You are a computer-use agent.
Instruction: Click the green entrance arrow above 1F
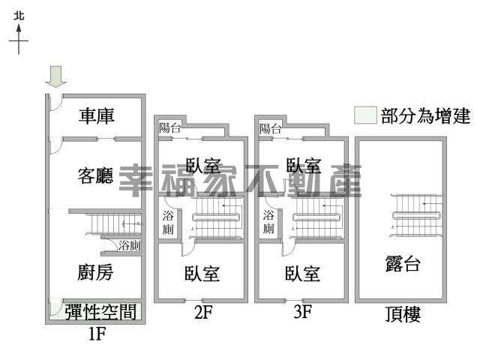[x=56, y=76]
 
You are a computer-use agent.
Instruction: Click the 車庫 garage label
[x=97, y=116]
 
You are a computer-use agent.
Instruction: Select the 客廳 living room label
[x=95, y=175]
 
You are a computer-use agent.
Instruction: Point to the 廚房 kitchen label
[x=95, y=272]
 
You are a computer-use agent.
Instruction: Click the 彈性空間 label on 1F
[x=100, y=312]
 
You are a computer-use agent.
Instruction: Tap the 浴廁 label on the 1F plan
[x=130, y=245]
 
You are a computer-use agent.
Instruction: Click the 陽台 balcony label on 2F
[x=170, y=127]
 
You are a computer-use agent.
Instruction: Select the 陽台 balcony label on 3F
[x=270, y=128]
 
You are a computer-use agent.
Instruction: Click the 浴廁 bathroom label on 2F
[x=168, y=223]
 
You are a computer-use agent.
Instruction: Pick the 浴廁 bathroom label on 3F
[x=268, y=222]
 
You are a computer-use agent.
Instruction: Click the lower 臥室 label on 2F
[x=202, y=273]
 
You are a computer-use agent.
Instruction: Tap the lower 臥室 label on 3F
[x=302, y=273]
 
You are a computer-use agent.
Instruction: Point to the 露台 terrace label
[x=403, y=263]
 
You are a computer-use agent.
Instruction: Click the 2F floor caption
[x=203, y=312]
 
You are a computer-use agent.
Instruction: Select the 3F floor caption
[x=303, y=312]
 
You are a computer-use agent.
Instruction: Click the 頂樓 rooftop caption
[x=403, y=314]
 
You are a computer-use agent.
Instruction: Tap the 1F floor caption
[x=97, y=333]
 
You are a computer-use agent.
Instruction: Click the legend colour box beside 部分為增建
[x=365, y=115]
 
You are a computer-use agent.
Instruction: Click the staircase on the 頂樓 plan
[x=416, y=215]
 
